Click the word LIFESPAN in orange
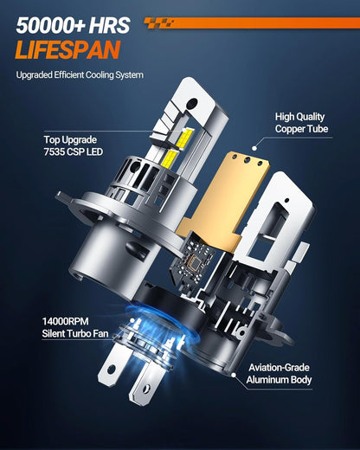click(x=67, y=50)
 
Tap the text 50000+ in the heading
click(x=50, y=26)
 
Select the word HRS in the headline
click(x=109, y=26)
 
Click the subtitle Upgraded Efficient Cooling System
click(x=80, y=75)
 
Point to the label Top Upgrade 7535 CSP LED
click(x=74, y=145)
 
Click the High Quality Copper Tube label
click(x=301, y=123)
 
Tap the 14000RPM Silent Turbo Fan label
click(x=75, y=327)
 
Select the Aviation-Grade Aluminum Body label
click(x=279, y=374)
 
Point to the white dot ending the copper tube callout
click(x=254, y=148)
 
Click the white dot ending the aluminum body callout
click(x=233, y=375)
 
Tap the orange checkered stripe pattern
click(x=159, y=23)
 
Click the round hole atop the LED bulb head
click(x=192, y=103)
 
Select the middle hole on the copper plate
click(x=247, y=159)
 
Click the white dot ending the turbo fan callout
click(x=132, y=320)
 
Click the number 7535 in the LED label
click(x=54, y=151)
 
